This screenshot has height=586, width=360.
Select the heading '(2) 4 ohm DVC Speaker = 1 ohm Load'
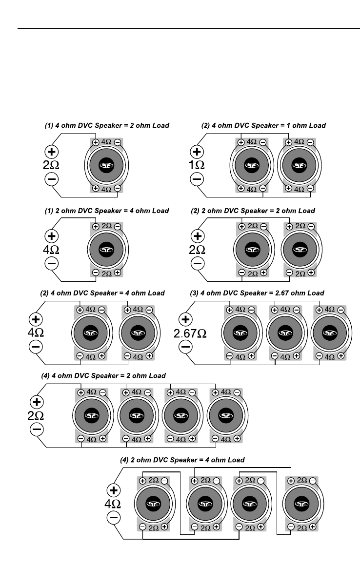click(263, 126)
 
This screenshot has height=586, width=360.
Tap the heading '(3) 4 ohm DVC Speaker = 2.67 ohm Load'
click(257, 293)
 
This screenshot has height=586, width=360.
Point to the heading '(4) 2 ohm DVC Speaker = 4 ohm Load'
click(182, 460)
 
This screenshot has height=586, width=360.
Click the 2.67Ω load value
click(190, 334)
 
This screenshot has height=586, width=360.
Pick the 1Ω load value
click(197, 165)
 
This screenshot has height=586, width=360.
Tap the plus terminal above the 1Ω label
click(197, 152)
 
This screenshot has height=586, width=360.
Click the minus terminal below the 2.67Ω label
click(185, 347)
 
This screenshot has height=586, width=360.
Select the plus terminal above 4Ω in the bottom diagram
click(114, 490)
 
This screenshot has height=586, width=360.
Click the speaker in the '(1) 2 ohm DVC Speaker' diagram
click(106, 250)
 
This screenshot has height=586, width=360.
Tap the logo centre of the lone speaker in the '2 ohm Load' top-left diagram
click(106, 166)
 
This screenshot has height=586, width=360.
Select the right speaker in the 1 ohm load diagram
click(298, 166)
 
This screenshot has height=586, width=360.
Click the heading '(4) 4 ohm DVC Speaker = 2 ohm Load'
click(103, 376)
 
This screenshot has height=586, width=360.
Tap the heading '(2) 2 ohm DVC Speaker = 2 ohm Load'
click(253, 211)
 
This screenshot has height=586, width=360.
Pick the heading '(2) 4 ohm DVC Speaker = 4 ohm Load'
click(102, 293)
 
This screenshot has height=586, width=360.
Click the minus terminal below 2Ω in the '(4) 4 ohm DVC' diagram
click(37, 430)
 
